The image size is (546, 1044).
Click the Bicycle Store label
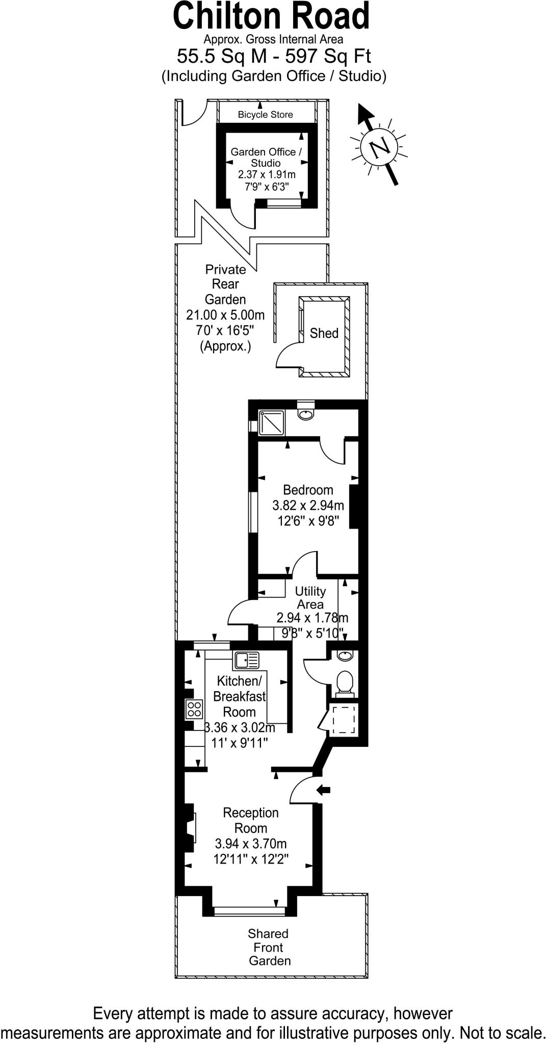pyautogui.click(x=265, y=115)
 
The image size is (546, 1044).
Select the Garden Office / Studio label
pyautogui.click(x=266, y=157)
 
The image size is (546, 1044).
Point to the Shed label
pyautogui.click(x=324, y=333)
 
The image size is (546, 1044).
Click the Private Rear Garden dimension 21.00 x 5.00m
pyautogui.click(x=225, y=315)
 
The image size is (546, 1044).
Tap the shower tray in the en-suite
pyautogui.click(x=271, y=423)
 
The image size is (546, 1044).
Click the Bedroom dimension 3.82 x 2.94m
pyautogui.click(x=308, y=506)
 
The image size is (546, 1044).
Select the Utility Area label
pyautogui.click(x=310, y=597)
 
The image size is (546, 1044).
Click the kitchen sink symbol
pyautogui.click(x=247, y=660)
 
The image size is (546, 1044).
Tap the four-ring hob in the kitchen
pyautogui.click(x=194, y=709)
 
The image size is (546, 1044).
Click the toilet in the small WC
pyautogui.click(x=345, y=683)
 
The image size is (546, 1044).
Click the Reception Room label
pyautogui.click(x=251, y=820)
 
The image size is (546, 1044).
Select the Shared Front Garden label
pyautogui.click(x=269, y=947)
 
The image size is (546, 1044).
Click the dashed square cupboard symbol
pyautogui.click(x=344, y=720)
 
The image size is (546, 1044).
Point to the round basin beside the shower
pyautogui.click(x=305, y=413)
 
